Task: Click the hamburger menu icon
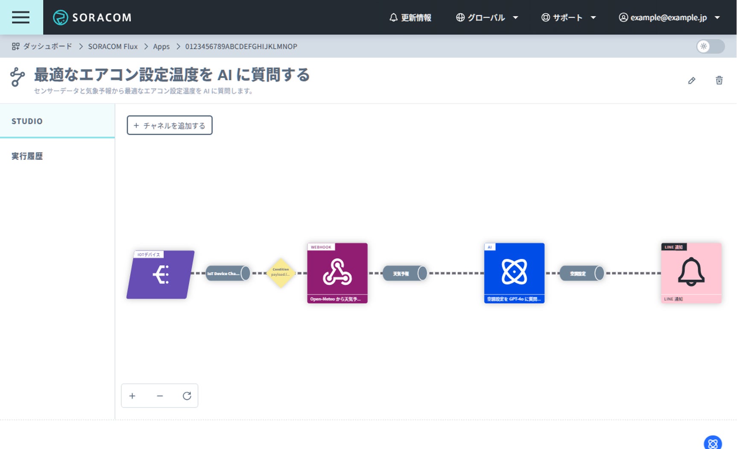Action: pos(20,17)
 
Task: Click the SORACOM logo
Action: pos(92,18)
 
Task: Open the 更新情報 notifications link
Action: pos(410,18)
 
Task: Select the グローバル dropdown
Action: pos(487,18)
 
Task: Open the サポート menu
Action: pos(568,18)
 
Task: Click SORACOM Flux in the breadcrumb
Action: pos(113,46)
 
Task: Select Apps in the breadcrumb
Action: pos(161,46)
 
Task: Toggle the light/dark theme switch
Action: pos(710,46)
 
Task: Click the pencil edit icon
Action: pos(692,80)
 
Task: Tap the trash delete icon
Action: pos(719,80)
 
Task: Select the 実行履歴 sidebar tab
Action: pos(27,156)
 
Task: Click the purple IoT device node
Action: pos(161,274)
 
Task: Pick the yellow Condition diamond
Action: pos(281,273)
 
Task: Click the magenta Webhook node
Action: pos(337,273)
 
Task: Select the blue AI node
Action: pos(514,273)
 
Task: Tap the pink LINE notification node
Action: pos(691,273)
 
